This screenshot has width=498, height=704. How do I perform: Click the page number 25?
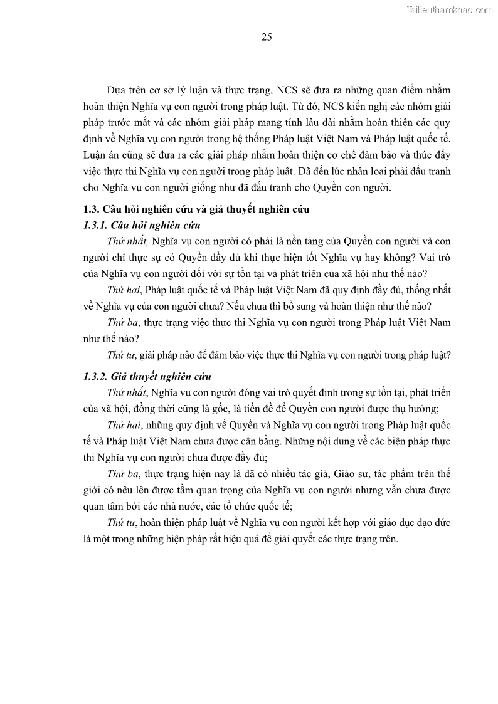267,37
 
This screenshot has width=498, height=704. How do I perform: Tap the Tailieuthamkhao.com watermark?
450,9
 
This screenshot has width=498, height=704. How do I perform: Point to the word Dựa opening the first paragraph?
117,90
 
